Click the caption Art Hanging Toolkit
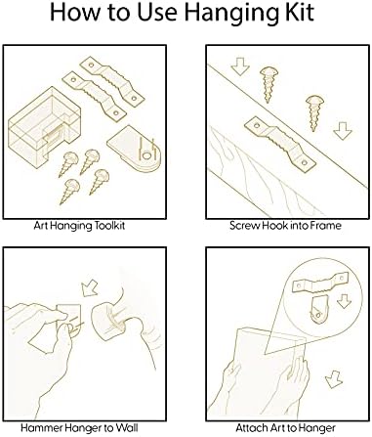click(79, 226)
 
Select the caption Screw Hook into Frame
click(285, 226)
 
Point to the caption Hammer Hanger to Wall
click(79, 427)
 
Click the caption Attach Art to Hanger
click(285, 428)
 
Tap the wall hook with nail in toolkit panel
click(134, 149)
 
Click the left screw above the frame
click(268, 85)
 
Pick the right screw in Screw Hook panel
click(313, 112)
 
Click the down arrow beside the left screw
click(240, 66)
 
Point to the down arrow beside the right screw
click(343, 131)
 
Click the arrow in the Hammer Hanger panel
click(90, 288)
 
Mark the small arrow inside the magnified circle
click(344, 301)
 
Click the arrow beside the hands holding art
click(334, 379)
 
